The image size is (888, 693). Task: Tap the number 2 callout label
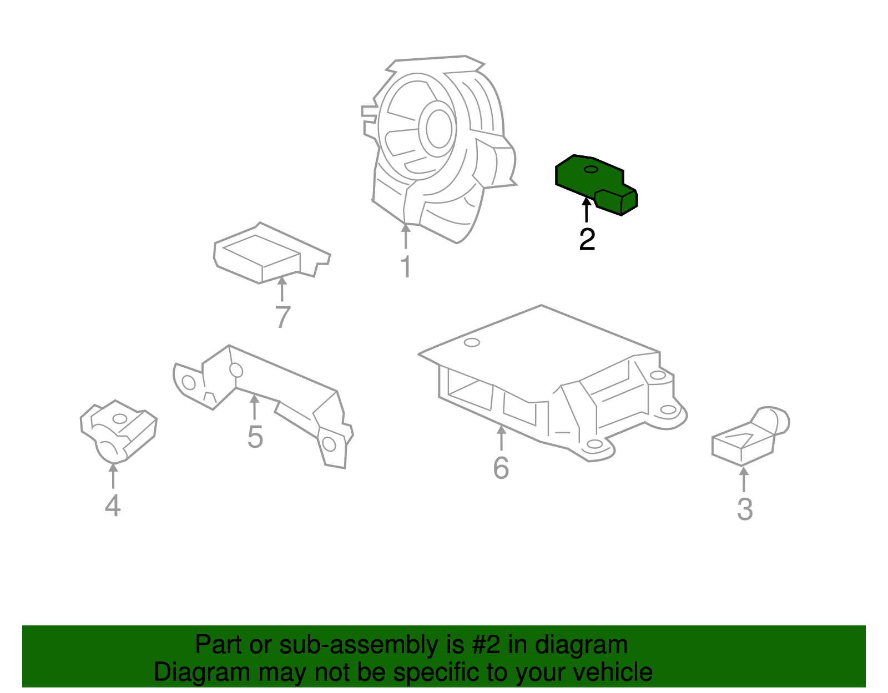pyautogui.click(x=587, y=240)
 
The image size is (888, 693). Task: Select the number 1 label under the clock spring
pyautogui.click(x=406, y=267)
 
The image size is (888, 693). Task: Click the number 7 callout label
pyautogui.click(x=282, y=317)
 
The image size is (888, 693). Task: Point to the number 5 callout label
pyautogui.click(x=255, y=437)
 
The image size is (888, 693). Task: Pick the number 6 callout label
pyautogui.click(x=501, y=468)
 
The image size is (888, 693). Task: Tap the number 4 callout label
pyautogui.click(x=113, y=505)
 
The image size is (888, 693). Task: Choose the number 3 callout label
pyautogui.click(x=744, y=509)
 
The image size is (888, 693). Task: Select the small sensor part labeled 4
pyautogui.click(x=118, y=430)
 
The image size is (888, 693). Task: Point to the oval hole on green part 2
pyautogui.click(x=591, y=169)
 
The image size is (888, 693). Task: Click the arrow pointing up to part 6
pyautogui.click(x=501, y=438)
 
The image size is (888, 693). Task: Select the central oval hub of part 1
pyautogui.click(x=438, y=128)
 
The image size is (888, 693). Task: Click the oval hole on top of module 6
pyautogui.click(x=472, y=342)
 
